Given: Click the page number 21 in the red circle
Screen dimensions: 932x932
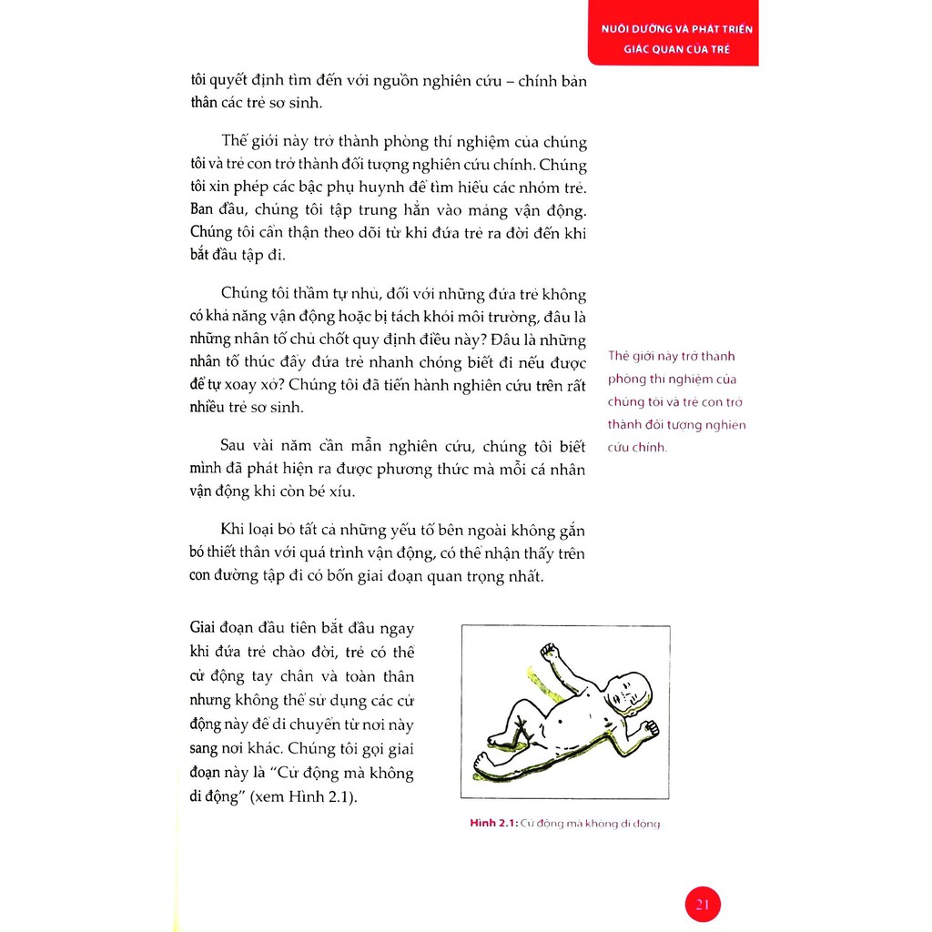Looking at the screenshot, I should [702, 905].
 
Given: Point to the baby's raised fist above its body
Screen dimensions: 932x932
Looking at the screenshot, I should [549, 652].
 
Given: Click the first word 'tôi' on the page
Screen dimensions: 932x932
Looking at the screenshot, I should [201, 79].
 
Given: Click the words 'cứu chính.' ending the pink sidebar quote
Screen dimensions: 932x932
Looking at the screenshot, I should [637, 448].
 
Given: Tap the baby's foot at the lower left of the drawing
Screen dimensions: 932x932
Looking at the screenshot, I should [483, 758].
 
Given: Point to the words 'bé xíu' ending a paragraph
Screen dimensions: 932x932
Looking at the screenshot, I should [332, 492].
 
